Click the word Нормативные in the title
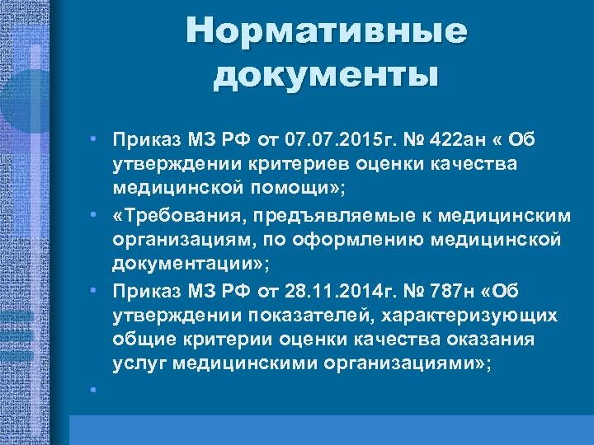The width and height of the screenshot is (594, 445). (326, 32)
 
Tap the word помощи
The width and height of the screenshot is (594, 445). (296, 189)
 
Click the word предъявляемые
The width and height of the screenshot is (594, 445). (334, 215)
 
